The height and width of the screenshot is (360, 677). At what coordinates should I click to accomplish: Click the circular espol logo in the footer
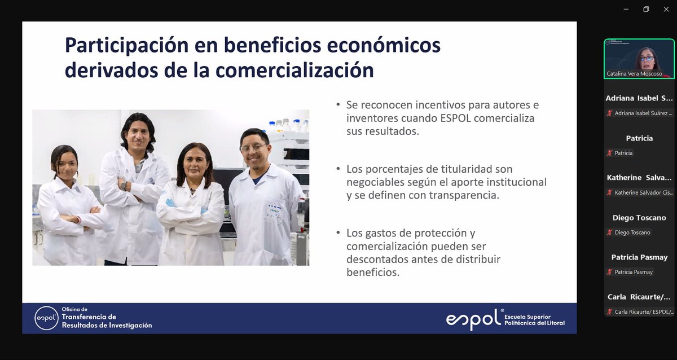coord(46,318)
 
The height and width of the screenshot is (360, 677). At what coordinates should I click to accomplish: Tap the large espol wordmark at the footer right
coord(473,319)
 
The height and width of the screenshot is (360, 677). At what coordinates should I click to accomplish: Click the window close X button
coord(665,9)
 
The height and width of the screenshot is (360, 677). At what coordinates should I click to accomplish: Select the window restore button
coord(646,9)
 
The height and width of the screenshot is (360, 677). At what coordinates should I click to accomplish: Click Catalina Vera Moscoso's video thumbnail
coord(639,58)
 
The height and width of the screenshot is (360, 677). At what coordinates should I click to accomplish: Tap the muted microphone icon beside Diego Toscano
coord(610,232)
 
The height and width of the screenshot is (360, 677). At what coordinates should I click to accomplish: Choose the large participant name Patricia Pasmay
coord(639,257)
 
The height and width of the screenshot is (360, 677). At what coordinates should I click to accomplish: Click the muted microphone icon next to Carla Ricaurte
coord(610,312)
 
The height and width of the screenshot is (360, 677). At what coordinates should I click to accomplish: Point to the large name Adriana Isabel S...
coord(639,98)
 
